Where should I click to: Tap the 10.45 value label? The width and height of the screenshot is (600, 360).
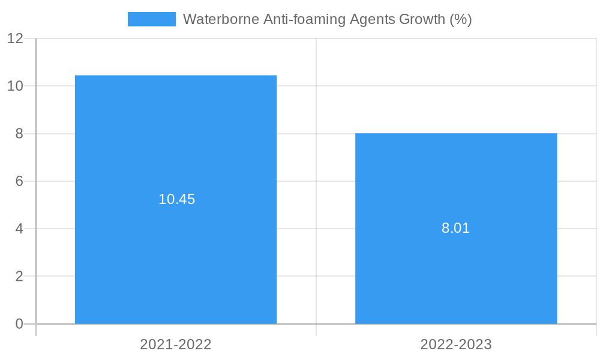pyautogui.click(x=176, y=199)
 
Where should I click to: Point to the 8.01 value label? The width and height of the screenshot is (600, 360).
pyautogui.click(x=455, y=228)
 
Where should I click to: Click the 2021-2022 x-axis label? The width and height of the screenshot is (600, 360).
pyautogui.click(x=176, y=344)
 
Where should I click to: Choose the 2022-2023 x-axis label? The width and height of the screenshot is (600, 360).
pyautogui.click(x=456, y=344)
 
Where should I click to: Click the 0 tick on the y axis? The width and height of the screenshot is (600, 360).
pyautogui.click(x=19, y=324)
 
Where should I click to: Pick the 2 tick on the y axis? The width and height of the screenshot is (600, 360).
pyautogui.click(x=19, y=277)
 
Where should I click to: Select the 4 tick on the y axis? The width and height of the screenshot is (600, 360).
pyautogui.click(x=19, y=229)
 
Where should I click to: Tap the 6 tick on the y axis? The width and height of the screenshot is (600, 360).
pyautogui.click(x=19, y=181)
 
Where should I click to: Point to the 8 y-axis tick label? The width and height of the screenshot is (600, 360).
pyautogui.click(x=19, y=134)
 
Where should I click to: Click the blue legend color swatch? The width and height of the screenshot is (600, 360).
pyautogui.click(x=152, y=19)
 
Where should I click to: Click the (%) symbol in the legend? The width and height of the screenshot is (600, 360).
pyautogui.click(x=460, y=19)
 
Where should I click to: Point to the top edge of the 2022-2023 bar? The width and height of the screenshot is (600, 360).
pyautogui.click(x=456, y=133)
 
